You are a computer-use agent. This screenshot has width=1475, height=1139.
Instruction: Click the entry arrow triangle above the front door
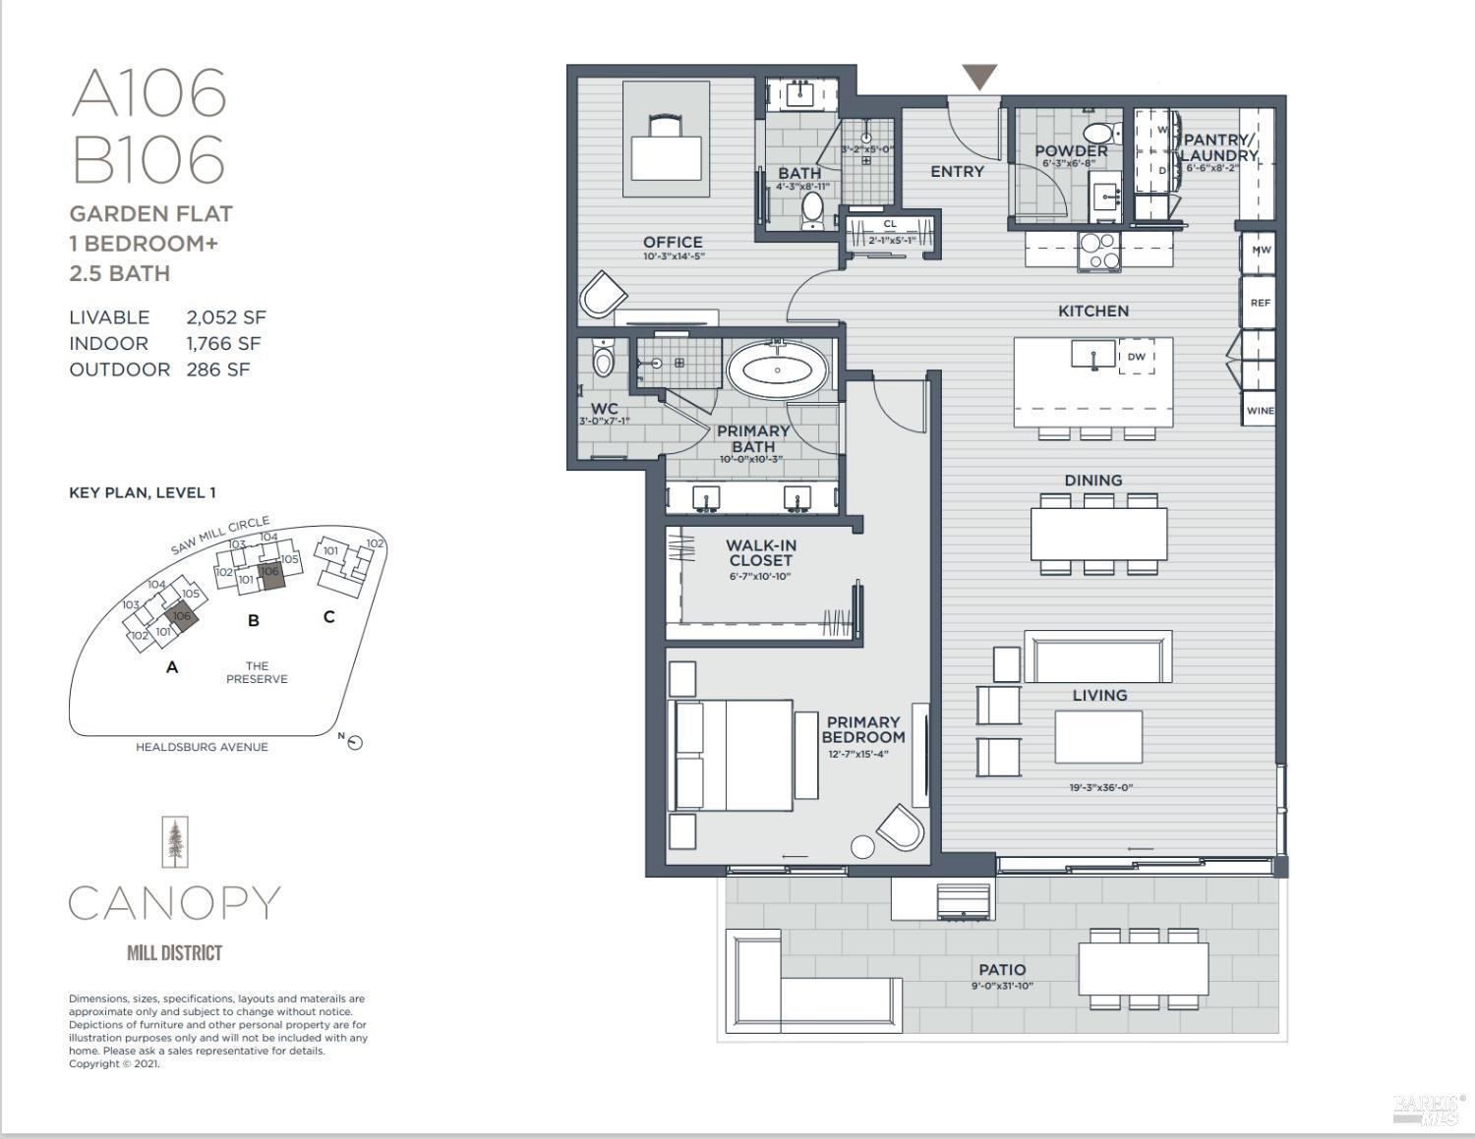pyautogui.click(x=979, y=76)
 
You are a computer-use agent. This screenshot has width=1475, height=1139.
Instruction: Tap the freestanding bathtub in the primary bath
pyautogui.click(x=778, y=370)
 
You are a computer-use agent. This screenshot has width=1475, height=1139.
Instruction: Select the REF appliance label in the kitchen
pyautogui.click(x=1260, y=303)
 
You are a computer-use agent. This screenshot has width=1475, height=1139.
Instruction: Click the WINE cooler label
pyautogui.click(x=1260, y=411)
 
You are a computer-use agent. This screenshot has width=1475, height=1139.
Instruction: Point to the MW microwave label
pyautogui.click(x=1261, y=250)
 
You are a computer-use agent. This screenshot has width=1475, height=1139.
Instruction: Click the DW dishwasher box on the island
pyautogui.click(x=1137, y=357)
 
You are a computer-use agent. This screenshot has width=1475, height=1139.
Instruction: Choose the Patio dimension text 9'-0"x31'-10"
pyautogui.click(x=1001, y=986)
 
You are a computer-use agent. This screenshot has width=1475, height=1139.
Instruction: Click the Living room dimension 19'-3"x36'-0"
pyautogui.click(x=1100, y=787)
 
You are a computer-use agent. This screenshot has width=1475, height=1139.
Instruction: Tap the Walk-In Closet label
pyautogui.click(x=760, y=552)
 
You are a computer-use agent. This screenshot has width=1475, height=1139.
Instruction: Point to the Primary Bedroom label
pyautogui.click(x=862, y=729)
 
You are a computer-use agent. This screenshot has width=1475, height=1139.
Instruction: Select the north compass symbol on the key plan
pyautogui.click(x=355, y=743)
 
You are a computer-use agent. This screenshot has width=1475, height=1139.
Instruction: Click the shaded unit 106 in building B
pyautogui.click(x=270, y=575)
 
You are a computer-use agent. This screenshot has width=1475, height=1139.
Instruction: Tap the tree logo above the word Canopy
pyautogui.click(x=175, y=842)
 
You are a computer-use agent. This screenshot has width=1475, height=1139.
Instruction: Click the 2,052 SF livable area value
pyautogui.click(x=225, y=317)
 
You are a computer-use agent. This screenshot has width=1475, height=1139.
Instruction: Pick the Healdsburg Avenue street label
pyautogui.click(x=202, y=747)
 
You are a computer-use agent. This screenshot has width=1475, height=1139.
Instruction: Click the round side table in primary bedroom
pyautogui.click(x=862, y=846)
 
